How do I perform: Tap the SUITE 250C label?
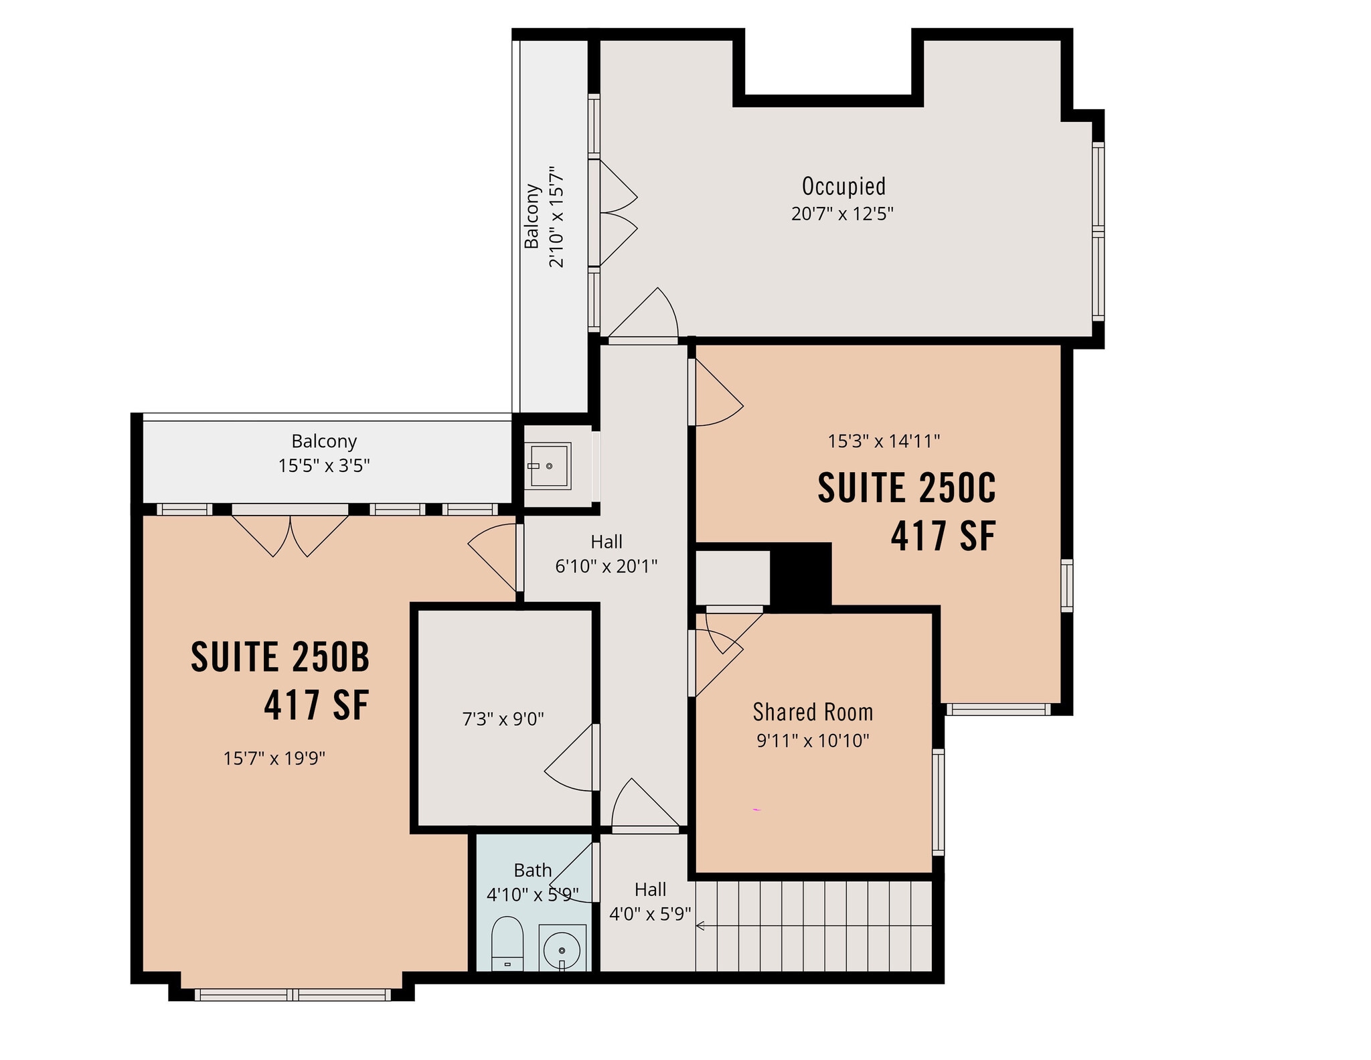[906, 488]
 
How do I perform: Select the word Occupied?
[843, 185]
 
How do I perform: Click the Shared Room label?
[813, 712]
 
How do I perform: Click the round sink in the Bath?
[562, 950]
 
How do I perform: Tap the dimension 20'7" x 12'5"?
[842, 214]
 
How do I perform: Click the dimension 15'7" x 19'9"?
[274, 759]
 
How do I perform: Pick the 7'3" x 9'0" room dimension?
[503, 719]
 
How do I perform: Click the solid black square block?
[801, 577]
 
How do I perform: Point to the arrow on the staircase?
[701, 926]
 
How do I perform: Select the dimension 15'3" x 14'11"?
[884, 441]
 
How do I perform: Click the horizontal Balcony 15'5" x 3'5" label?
[324, 453]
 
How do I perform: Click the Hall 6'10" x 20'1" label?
[607, 554]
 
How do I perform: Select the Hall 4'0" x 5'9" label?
[649, 901]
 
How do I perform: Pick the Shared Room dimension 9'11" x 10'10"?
[813, 741]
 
